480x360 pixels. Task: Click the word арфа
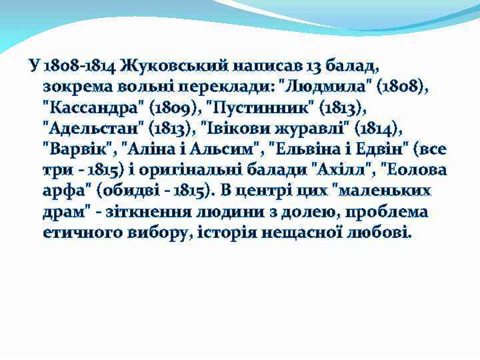(x=67, y=192)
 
